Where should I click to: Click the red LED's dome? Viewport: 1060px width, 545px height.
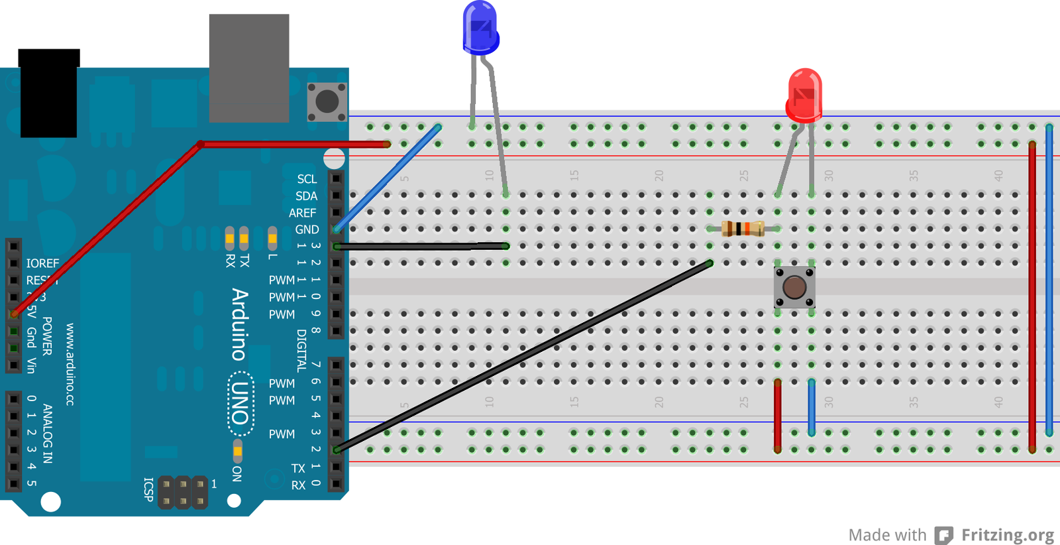click(x=804, y=95)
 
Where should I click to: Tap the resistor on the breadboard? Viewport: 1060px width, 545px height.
click(x=743, y=229)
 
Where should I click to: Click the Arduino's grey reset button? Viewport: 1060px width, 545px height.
click(x=327, y=102)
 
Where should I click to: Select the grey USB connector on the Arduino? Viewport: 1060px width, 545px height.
click(x=249, y=68)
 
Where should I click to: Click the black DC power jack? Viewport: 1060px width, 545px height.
click(x=48, y=93)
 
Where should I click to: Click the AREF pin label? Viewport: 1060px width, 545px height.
click(x=302, y=213)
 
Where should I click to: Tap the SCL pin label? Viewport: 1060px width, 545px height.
click(x=307, y=179)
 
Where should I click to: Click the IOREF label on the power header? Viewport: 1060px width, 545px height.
click(x=42, y=263)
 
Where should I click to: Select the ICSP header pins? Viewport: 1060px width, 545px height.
click(x=183, y=493)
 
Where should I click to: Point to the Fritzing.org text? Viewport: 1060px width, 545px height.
click(x=1007, y=535)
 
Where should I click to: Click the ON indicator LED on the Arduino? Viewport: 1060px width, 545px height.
click(x=237, y=452)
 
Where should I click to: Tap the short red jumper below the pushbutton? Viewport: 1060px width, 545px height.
click(x=777, y=416)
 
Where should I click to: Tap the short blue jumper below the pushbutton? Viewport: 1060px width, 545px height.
click(x=812, y=408)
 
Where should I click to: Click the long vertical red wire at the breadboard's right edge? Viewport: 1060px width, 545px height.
click(x=1032, y=298)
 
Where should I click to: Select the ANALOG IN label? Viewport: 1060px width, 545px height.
click(x=48, y=433)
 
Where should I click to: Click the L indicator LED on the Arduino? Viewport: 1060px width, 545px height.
click(x=272, y=237)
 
